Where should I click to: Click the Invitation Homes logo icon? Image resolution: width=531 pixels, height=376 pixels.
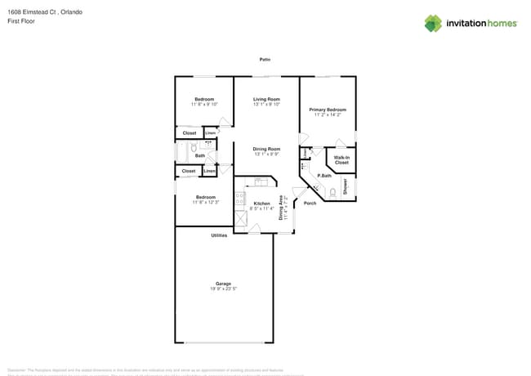432,23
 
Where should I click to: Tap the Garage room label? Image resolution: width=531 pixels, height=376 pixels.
223,283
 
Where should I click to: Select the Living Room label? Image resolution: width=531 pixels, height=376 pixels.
266,99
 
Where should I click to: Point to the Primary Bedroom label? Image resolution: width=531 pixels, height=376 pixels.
328,109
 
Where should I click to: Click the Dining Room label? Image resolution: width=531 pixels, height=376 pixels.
266,149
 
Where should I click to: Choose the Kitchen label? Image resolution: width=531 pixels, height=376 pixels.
261,204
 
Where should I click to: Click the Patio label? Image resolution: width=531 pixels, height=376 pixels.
265,60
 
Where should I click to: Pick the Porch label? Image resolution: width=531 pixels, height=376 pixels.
310,203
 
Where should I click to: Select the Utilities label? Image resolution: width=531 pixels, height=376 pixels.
219,235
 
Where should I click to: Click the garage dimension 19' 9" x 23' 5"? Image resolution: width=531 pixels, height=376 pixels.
223,289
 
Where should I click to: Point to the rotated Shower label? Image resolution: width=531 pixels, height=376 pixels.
345,186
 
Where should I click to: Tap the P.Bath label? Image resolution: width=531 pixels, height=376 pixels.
324,176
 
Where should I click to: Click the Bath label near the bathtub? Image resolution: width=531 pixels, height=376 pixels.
200,155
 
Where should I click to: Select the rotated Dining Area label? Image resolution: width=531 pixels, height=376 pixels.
281,208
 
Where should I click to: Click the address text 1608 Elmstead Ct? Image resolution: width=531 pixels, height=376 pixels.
29,13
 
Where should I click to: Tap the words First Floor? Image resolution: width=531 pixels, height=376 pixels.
20,21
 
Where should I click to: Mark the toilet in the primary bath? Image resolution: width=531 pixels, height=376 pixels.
332,193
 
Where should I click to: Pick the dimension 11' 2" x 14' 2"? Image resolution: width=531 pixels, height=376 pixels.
328,114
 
